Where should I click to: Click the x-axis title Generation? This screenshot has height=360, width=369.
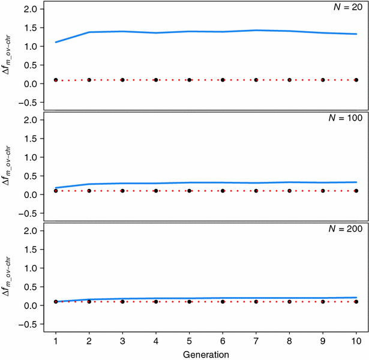(x=206, y=354)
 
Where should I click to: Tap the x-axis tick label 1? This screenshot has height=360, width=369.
(x=56, y=340)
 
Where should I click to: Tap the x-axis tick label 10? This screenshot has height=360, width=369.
(x=356, y=340)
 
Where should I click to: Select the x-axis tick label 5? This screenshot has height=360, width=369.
(x=189, y=340)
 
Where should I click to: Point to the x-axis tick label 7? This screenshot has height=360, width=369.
(x=256, y=340)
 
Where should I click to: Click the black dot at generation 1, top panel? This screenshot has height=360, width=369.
(x=56, y=80)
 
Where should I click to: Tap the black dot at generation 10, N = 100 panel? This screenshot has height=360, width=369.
(x=356, y=191)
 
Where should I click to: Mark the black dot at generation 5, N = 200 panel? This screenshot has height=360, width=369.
(x=189, y=302)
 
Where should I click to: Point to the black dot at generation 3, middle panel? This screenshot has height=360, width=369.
(x=122, y=191)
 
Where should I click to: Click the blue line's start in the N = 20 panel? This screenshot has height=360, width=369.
(x=56, y=42)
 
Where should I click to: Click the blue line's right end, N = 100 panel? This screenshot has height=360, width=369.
(x=356, y=182)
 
